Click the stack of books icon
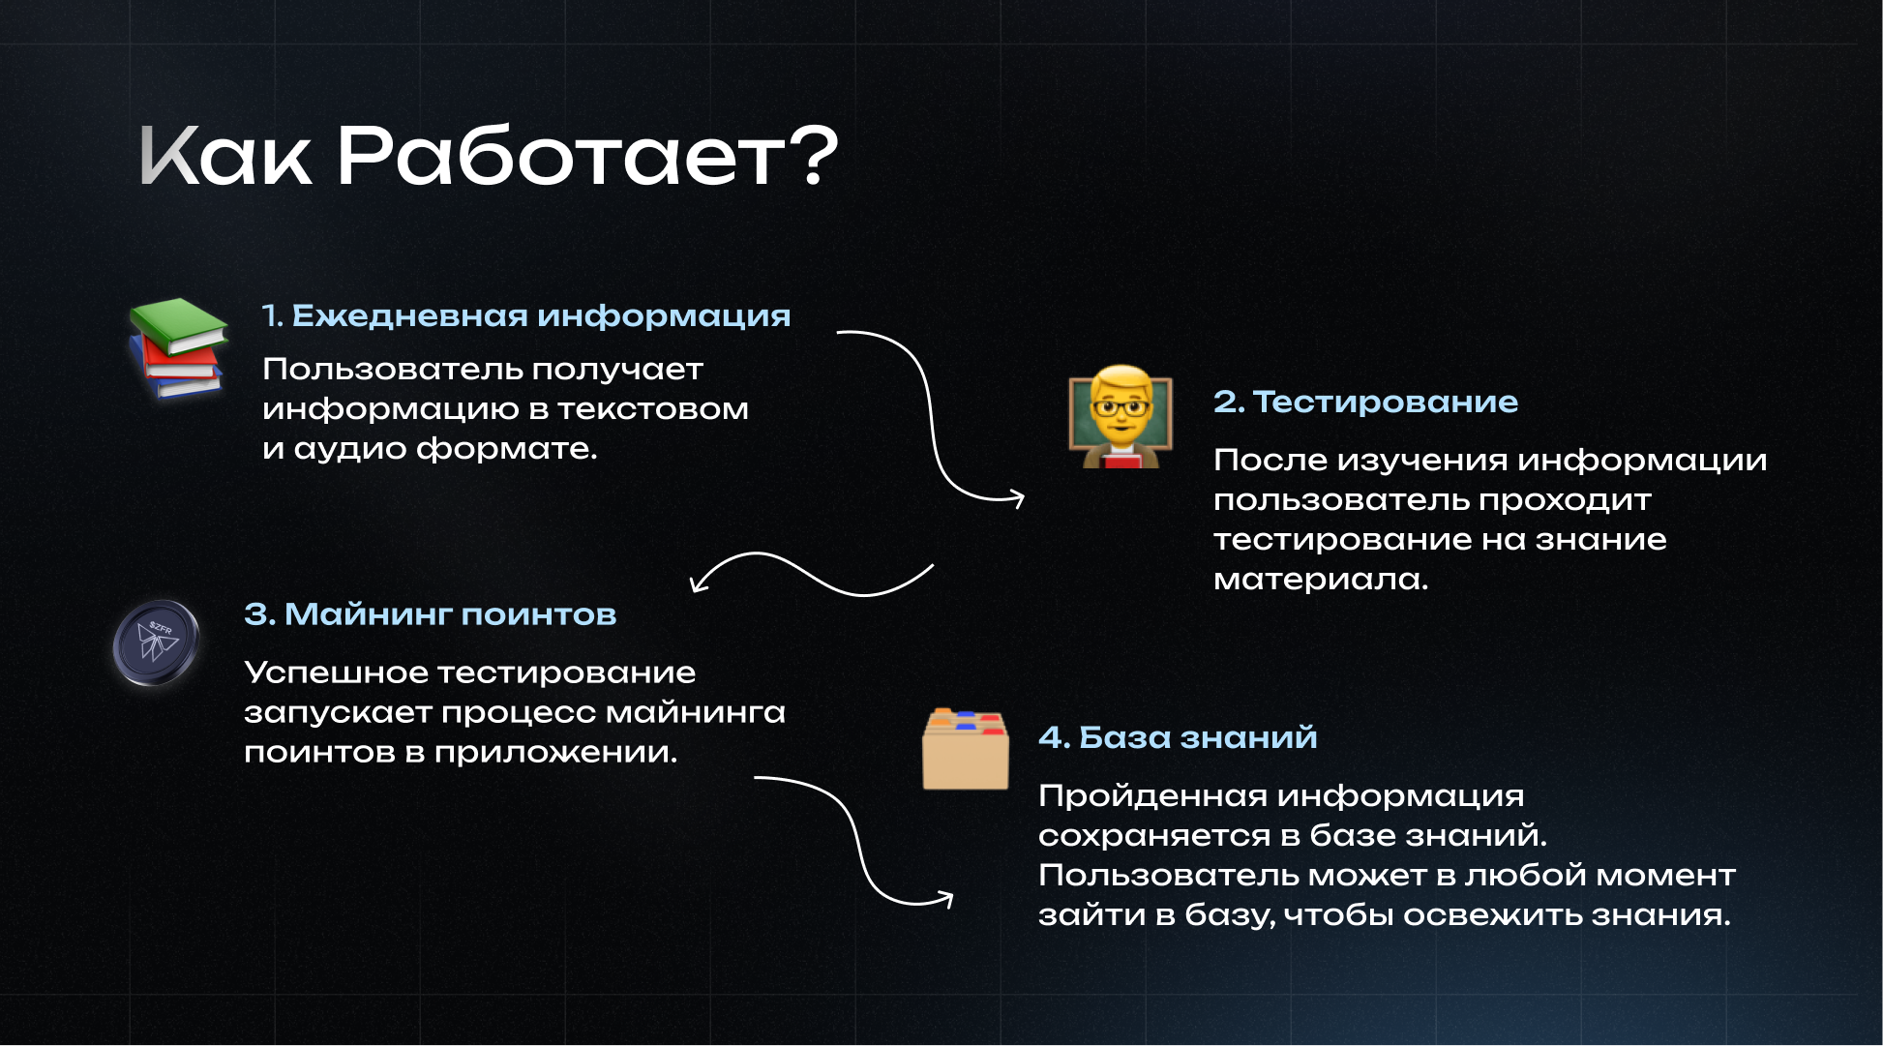(178, 348)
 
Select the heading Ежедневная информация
(541, 316)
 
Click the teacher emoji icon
(1120, 417)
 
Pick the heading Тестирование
(1385, 402)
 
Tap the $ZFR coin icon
(156, 643)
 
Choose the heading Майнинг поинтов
(450, 614)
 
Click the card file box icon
(965, 750)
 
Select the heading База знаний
(1198, 737)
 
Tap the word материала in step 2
(1321, 580)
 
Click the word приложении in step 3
(555, 753)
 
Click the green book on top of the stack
(178, 326)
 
